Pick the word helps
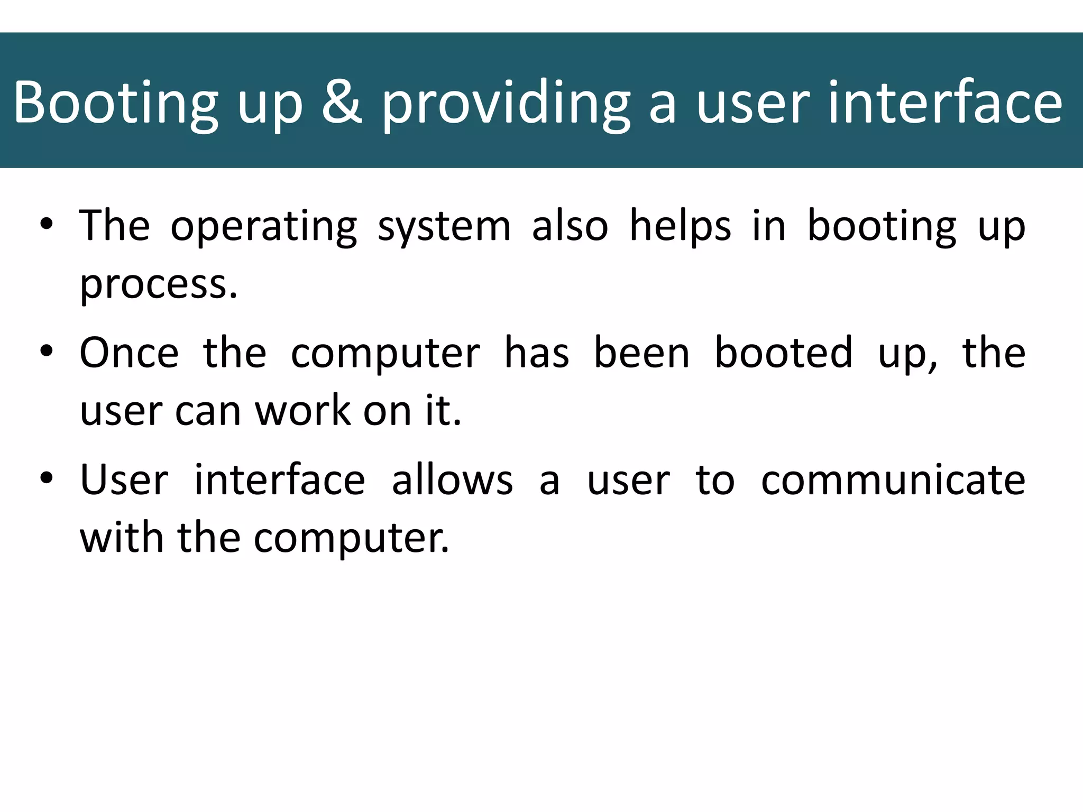point(681,226)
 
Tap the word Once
point(129,353)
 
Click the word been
point(642,353)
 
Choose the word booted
point(784,353)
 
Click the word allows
point(452,479)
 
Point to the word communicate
point(893,479)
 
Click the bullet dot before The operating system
point(47,224)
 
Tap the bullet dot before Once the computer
point(47,351)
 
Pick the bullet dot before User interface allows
point(47,478)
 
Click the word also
point(570,226)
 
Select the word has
point(537,353)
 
